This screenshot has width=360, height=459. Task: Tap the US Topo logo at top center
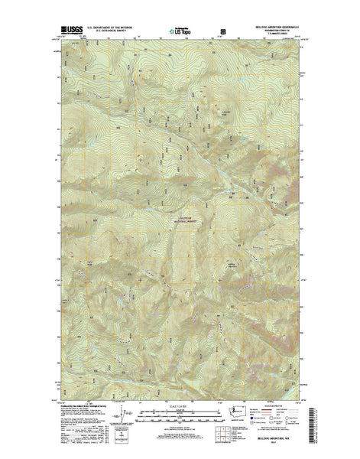point(181,33)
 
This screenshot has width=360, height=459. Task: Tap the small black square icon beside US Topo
point(223,32)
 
